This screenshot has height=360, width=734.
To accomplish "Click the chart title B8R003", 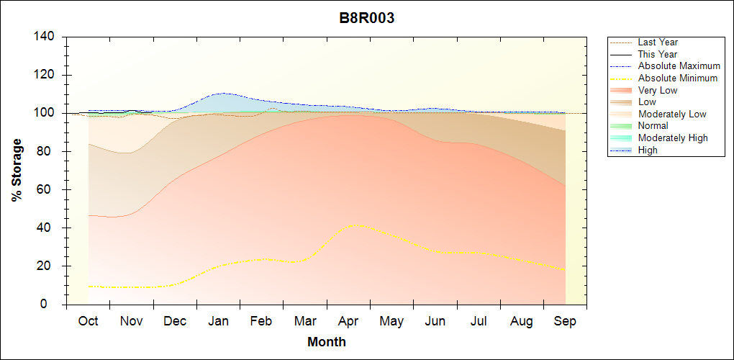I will click(x=367, y=19).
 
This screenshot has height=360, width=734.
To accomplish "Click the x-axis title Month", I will click(x=327, y=342).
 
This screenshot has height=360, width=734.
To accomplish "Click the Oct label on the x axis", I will click(x=88, y=321).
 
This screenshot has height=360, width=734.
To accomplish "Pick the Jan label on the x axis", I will click(x=218, y=321).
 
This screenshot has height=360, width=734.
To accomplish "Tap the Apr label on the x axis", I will click(x=348, y=321).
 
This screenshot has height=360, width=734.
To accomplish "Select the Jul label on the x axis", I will click(x=479, y=321).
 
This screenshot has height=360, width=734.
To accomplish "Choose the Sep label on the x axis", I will click(x=565, y=321).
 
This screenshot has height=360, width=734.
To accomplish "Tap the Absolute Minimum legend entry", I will click(x=677, y=78).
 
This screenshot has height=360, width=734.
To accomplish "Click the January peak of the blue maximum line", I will click(x=223, y=93).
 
